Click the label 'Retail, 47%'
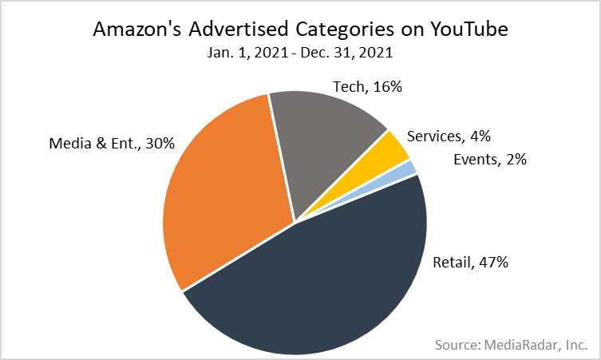pyautogui.click(x=470, y=262)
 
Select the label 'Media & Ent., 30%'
pyautogui.click(x=111, y=144)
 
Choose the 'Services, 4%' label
pyautogui.click(x=447, y=136)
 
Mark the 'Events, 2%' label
pyautogui.click(x=489, y=160)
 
